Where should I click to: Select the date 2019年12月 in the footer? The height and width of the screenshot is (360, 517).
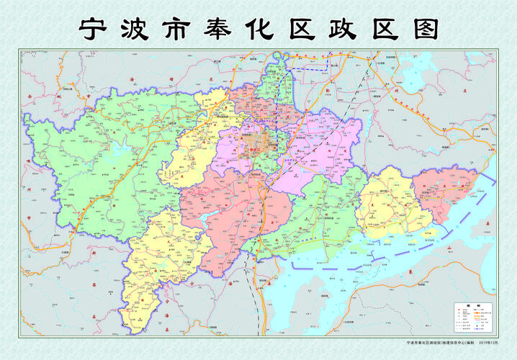(x=488, y=343)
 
